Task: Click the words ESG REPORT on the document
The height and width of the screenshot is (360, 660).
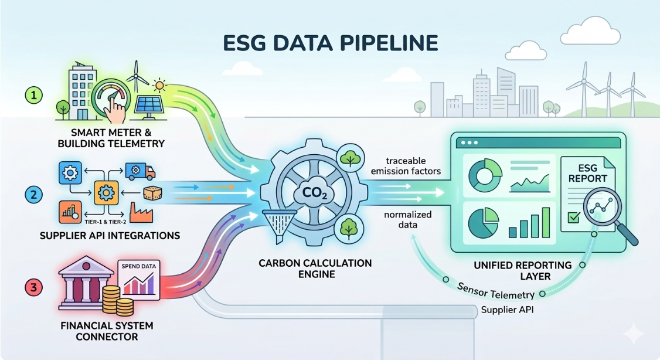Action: [588, 171]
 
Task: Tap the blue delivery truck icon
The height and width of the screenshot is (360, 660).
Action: [140, 171]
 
